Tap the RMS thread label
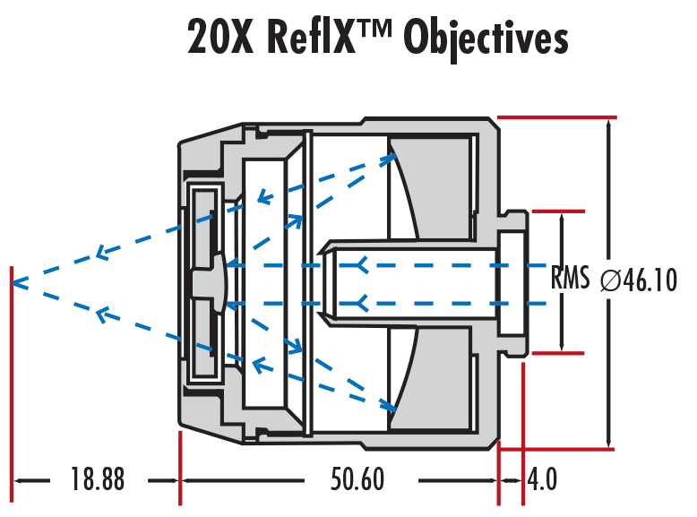(x=570, y=280)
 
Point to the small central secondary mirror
(x=220, y=283)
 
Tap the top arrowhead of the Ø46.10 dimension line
(x=609, y=125)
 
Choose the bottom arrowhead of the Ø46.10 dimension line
(x=609, y=441)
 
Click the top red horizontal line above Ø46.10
(x=556, y=117)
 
